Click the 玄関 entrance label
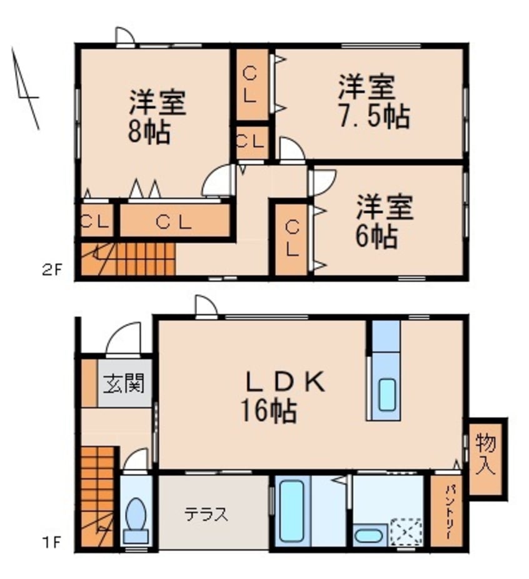click(x=124, y=383)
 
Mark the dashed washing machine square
click(x=407, y=532)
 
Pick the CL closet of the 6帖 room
click(x=291, y=238)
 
